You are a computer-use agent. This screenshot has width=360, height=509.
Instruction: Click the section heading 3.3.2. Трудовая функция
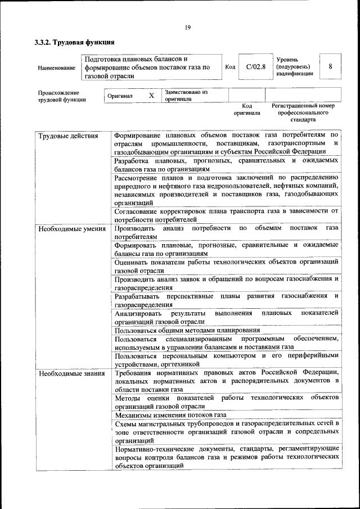click(x=74, y=42)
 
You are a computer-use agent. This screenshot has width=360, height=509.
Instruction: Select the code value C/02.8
click(x=255, y=67)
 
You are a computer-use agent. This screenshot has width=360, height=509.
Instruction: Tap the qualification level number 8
click(x=330, y=66)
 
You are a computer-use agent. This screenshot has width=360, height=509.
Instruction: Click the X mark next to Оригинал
click(x=151, y=96)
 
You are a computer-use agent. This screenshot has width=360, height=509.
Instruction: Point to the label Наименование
click(x=57, y=68)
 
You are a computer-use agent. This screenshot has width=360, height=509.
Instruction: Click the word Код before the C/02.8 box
click(x=229, y=67)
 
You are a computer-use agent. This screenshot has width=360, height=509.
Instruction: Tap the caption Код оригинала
click(x=247, y=109)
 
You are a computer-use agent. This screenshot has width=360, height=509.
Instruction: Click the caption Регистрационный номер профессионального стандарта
click(x=303, y=112)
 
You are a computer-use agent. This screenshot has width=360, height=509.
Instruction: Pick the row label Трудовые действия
click(x=68, y=136)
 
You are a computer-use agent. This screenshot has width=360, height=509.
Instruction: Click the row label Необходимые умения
click(x=71, y=228)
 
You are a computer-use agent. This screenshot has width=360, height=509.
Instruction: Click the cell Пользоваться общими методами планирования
click(x=187, y=330)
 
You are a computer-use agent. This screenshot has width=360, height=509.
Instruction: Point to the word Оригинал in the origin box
click(x=120, y=96)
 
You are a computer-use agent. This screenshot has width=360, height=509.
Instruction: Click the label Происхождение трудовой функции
click(x=62, y=96)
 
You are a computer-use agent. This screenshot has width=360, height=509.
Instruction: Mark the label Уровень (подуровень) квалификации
click(x=295, y=66)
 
